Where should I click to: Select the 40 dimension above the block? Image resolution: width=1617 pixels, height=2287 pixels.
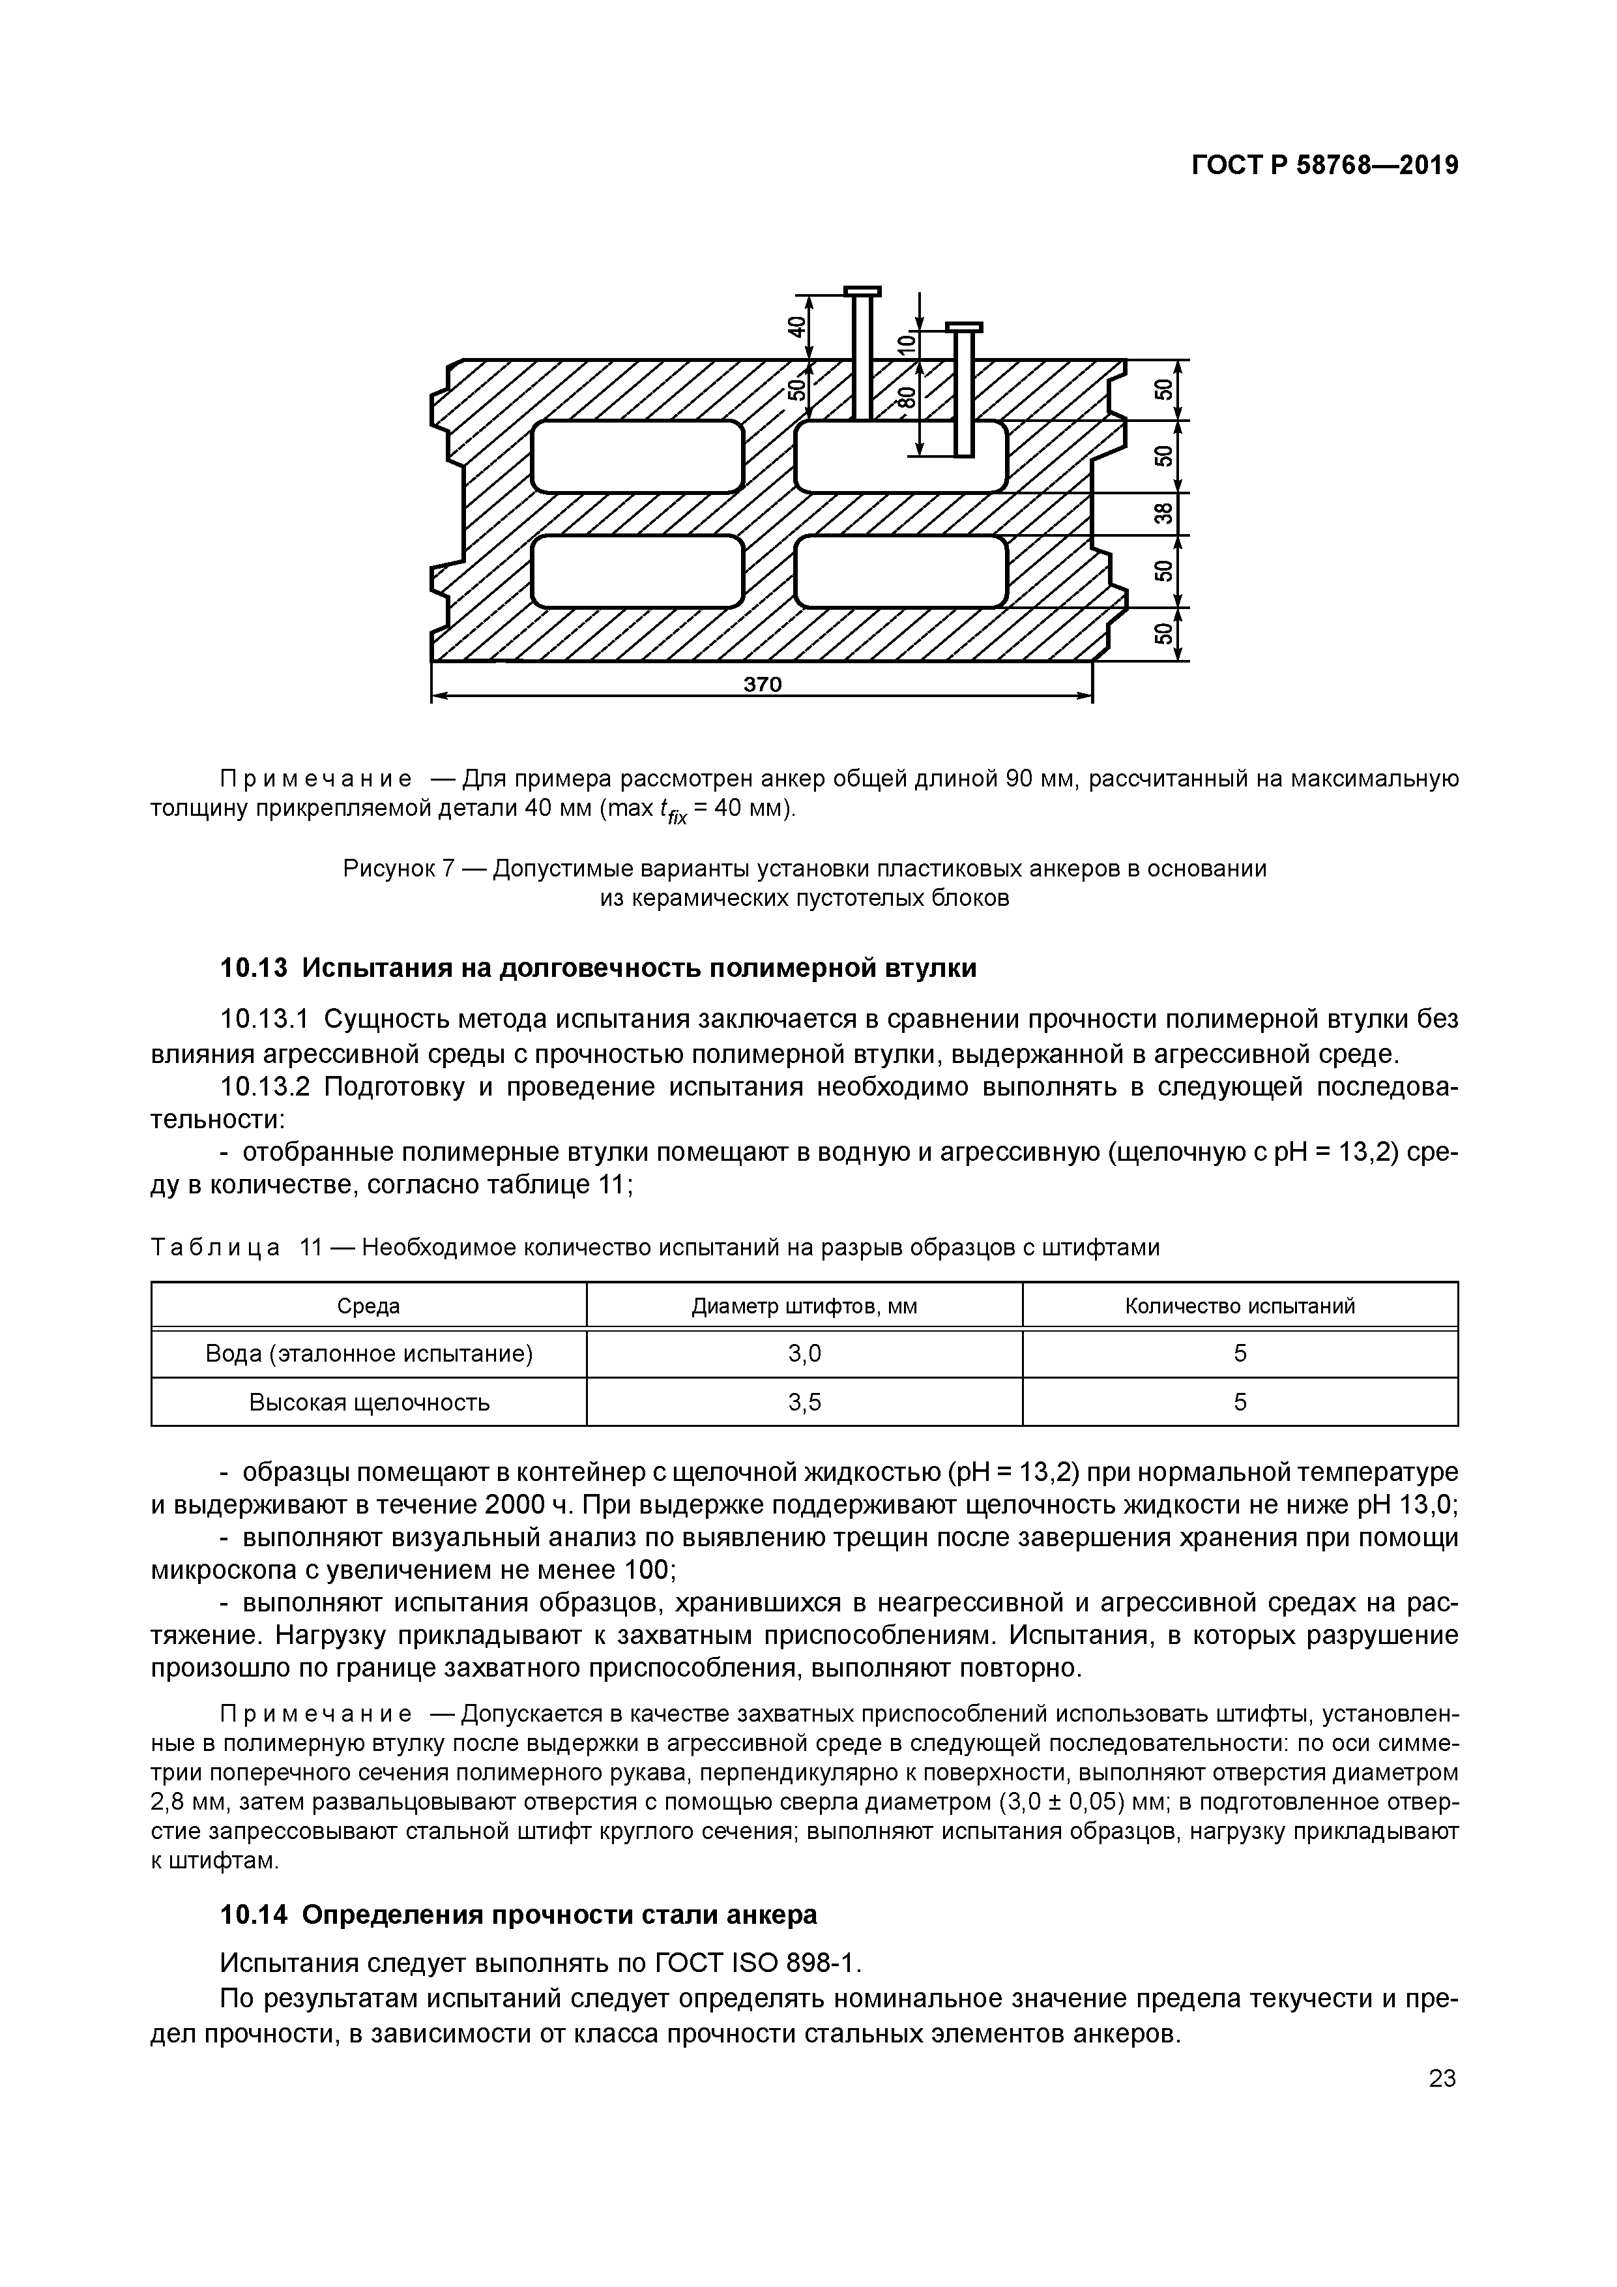click(796, 325)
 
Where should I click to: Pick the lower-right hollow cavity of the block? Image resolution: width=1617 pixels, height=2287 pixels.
click(901, 571)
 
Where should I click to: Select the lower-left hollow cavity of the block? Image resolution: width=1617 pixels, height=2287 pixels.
click(637, 571)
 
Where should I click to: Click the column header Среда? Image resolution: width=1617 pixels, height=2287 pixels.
click(368, 1306)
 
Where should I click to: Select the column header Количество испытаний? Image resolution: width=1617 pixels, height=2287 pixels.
click(1240, 1306)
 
